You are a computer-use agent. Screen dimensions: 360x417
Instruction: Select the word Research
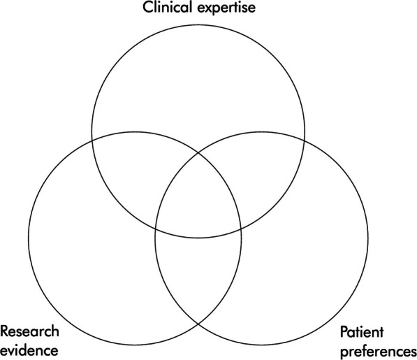point(30,331)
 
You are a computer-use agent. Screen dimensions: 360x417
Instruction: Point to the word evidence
point(29,347)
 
